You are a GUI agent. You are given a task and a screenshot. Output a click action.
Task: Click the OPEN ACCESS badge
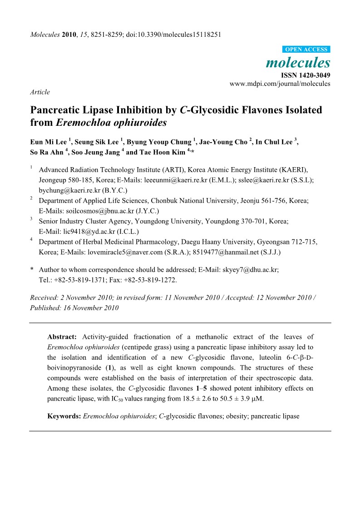pos(306,50)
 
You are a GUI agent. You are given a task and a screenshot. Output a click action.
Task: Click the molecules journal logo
pos(298,62)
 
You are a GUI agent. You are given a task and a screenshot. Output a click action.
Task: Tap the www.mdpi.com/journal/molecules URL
pos(280,84)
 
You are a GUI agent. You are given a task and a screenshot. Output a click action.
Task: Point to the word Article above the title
pos(40,92)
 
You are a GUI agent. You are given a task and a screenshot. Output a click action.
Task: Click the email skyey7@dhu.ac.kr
pos(250,269)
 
